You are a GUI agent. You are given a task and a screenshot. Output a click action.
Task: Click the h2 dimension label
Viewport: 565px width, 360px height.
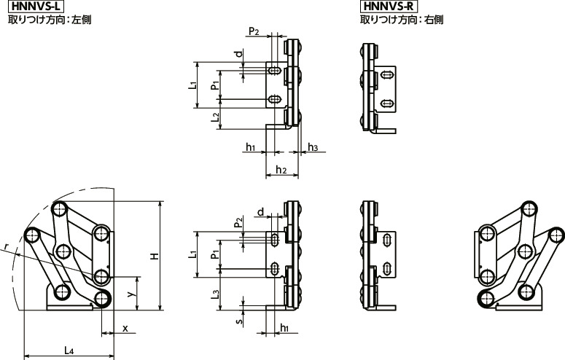279,170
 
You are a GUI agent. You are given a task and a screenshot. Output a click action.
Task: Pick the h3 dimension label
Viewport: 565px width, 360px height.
313,148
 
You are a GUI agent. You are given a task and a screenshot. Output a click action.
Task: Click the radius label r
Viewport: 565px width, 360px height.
6,249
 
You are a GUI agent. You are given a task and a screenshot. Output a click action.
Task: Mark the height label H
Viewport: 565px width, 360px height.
154,256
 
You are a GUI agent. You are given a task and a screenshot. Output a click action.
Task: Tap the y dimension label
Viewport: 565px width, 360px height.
129,293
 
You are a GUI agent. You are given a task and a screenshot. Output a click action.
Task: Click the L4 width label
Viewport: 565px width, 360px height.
68,351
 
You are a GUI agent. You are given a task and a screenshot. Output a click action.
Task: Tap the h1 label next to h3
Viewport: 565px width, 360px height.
249,148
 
